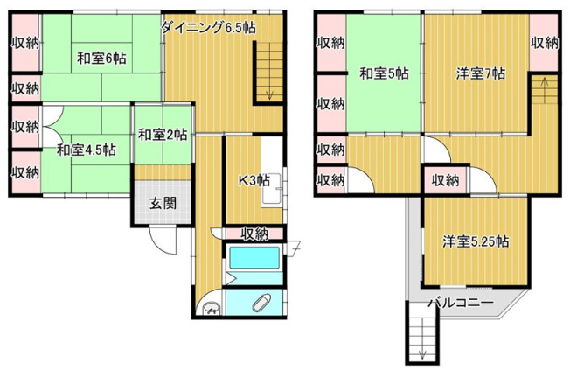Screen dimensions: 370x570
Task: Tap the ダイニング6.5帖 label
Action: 207,28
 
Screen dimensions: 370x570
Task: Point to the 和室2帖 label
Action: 162,135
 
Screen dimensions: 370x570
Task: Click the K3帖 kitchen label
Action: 254,182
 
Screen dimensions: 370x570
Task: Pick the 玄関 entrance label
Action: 161,204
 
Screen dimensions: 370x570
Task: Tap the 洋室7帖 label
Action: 479,73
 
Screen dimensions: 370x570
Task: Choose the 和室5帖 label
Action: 383,73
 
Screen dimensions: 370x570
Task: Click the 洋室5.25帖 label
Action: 476,241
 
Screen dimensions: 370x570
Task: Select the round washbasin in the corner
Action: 211,307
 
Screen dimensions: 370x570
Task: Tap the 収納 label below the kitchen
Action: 254,233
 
